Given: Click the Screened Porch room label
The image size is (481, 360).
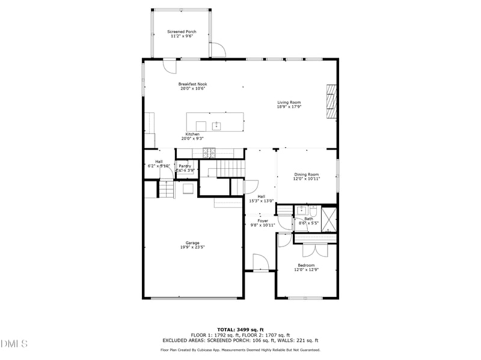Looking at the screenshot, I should [x=182, y=31].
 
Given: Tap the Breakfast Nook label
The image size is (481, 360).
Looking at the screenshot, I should [x=192, y=84].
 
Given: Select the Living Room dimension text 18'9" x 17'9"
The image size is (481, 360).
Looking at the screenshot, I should [x=289, y=107].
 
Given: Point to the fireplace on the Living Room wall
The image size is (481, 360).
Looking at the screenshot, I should [x=330, y=102].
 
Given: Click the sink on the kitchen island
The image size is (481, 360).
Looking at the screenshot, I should [x=216, y=126].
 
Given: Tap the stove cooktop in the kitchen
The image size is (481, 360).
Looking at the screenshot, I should [x=210, y=153].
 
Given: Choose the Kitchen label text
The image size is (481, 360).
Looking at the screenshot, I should [x=192, y=134].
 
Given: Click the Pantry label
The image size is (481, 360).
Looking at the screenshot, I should [x=185, y=166].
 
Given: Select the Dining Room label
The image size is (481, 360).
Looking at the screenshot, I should [x=306, y=174].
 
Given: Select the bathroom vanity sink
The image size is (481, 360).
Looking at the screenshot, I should [x=301, y=211].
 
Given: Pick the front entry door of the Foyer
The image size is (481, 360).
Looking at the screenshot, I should [x=260, y=263].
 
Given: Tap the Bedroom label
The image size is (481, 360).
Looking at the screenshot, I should [x=306, y=265].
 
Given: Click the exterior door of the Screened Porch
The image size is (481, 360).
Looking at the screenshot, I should [x=218, y=50].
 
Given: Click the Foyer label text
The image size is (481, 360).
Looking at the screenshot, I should [x=263, y=221].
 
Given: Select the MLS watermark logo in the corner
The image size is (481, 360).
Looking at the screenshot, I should [x=14, y=344].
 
